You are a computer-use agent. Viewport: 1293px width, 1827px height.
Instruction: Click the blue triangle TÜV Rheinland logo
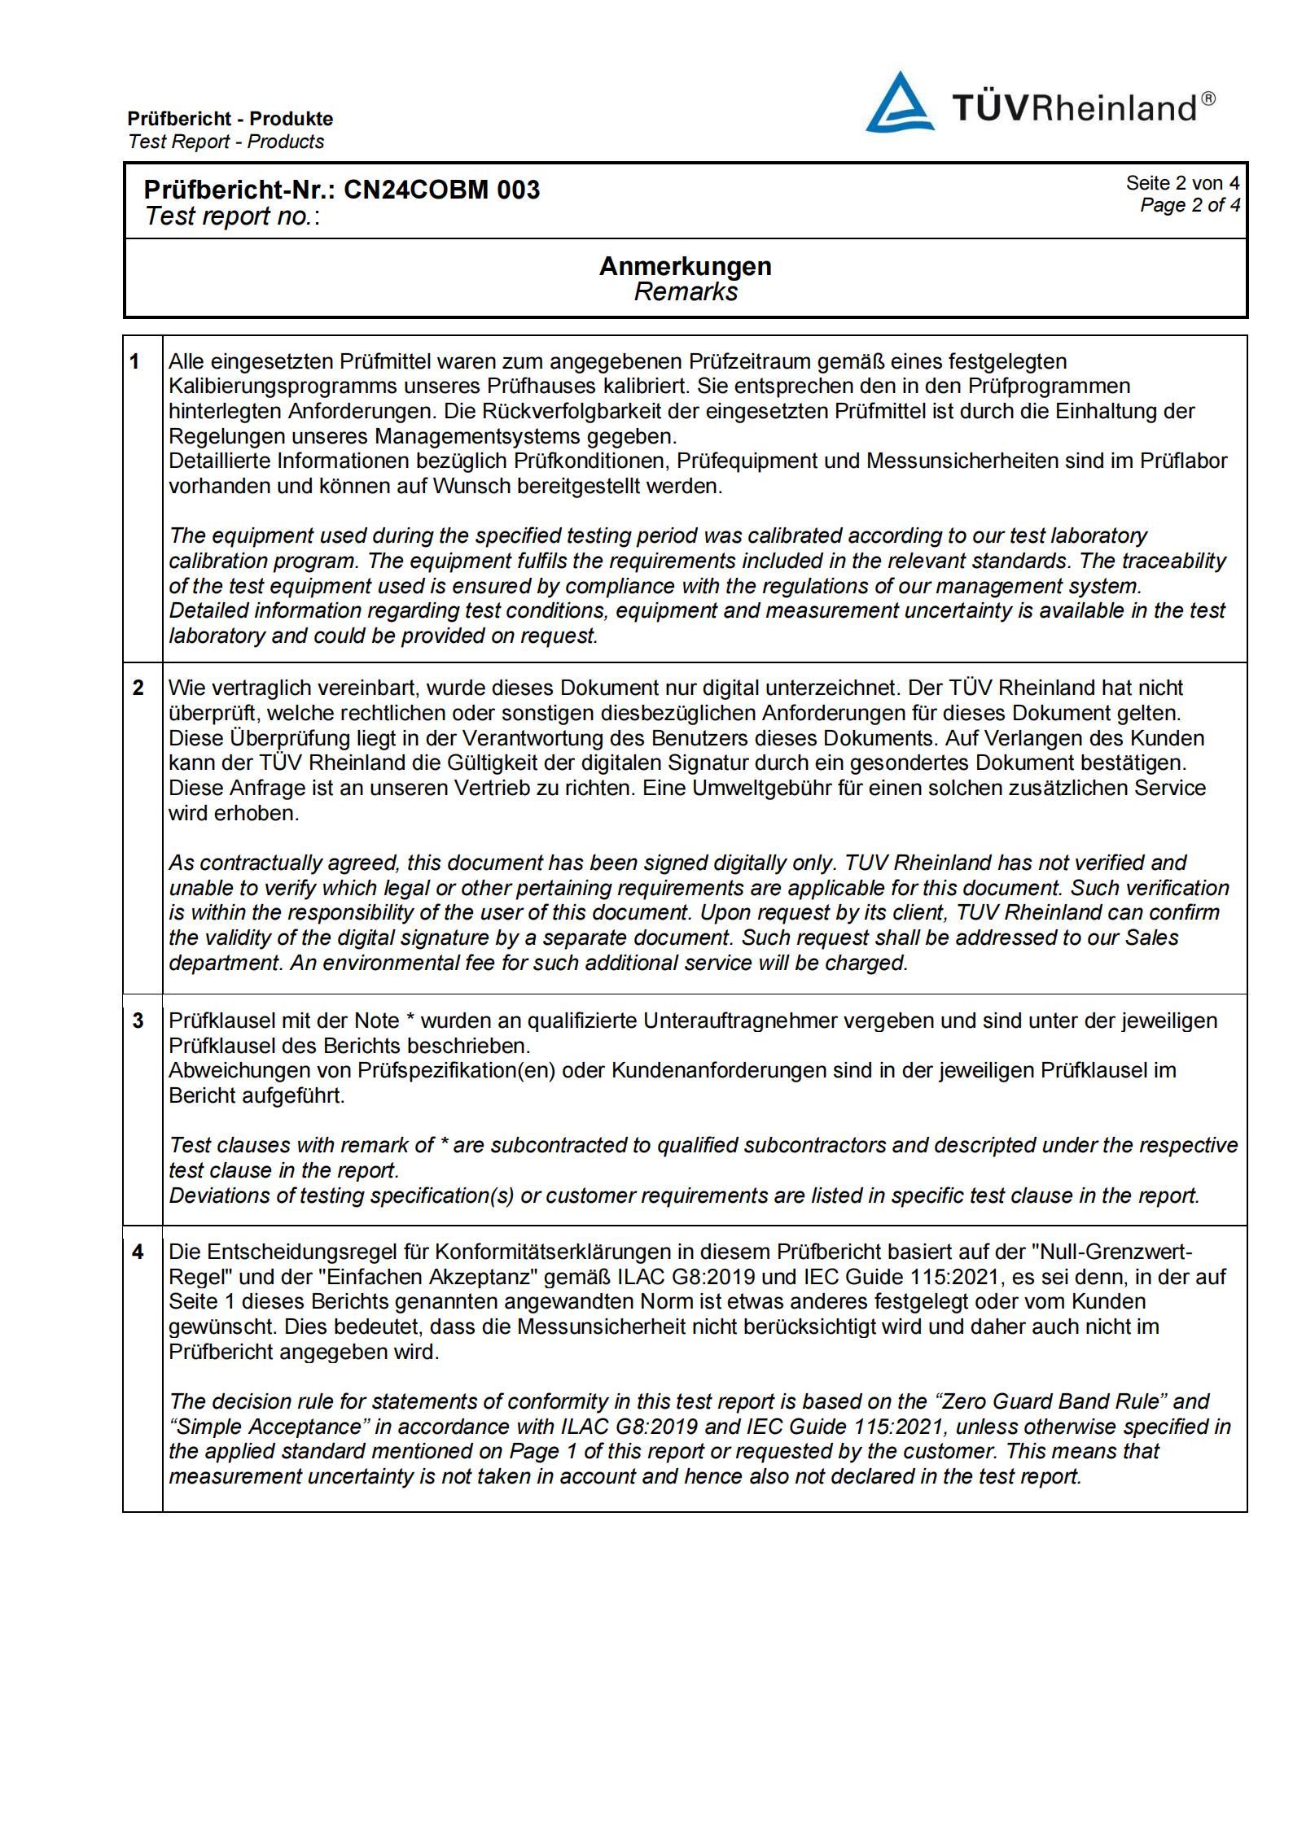pos(898,104)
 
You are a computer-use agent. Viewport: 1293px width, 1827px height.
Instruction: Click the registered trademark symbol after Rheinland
pos(1208,98)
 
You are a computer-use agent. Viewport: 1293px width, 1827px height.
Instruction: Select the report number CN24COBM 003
pos(441,190)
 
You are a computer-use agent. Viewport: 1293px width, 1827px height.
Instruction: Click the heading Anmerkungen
pos(685,266)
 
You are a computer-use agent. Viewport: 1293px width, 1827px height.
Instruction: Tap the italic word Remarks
pos(686,291)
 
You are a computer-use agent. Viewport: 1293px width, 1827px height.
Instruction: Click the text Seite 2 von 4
pos(1182,183)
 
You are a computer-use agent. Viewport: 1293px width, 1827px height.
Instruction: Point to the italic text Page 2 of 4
pos(1190,204)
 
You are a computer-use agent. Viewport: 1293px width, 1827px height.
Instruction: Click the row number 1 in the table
pos(135,361)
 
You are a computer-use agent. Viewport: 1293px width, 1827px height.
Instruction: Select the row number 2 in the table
pos(138,688)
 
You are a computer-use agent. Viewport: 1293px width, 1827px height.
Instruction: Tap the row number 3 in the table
pos(138,1020)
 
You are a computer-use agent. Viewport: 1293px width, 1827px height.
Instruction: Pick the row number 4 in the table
pos(138,1252)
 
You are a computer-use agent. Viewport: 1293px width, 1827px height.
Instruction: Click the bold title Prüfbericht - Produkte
pos(230,119)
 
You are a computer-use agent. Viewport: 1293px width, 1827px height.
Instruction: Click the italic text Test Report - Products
pos(226,142)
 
